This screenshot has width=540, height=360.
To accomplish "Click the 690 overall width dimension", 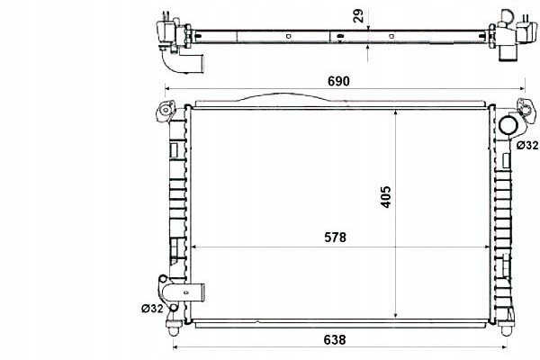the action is coord(338,81).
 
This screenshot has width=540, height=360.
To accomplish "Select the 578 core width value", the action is coord(335,238).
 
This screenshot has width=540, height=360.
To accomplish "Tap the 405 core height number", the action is coord(386,197).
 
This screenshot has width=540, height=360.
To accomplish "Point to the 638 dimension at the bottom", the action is coord(335,340).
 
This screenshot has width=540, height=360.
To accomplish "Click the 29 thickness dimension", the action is coord(358,16).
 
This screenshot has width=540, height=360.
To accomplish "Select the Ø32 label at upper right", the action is coord(527,146).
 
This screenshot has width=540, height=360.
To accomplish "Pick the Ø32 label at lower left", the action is coord(152,309).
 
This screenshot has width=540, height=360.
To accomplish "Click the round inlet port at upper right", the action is coord(508,125).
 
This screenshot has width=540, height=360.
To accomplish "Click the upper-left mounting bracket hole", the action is coord(166,110).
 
